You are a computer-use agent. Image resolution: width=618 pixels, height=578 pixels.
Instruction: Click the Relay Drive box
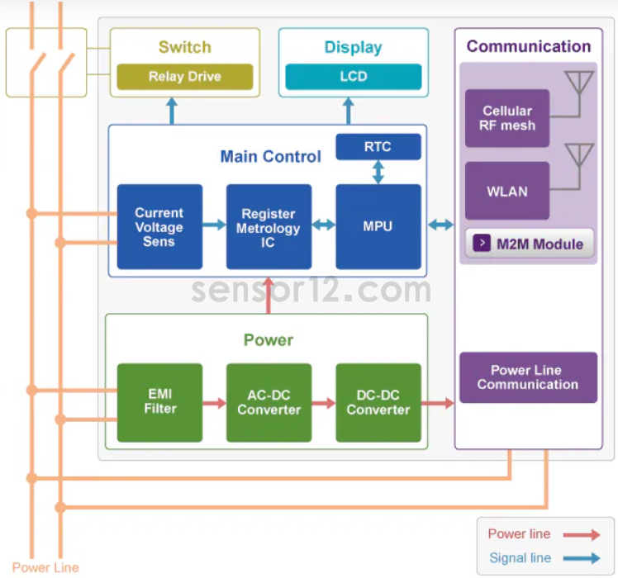pyautogui.click(x=184, y=77)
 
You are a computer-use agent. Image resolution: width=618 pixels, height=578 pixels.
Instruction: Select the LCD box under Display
pyautogui.click(x=353, y=77)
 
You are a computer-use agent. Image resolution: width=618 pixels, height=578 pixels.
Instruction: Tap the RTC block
pyautogui.click(x=378, y=147)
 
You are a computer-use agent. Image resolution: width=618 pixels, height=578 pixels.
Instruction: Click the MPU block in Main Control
pyautogui.click(x=378, y=226)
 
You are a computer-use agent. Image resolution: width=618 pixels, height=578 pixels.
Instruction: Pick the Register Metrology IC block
pyautogui.click(x=269, y=227)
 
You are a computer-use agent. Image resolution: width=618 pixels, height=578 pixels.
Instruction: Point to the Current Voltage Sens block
pyautogui.click(x=159, y=227)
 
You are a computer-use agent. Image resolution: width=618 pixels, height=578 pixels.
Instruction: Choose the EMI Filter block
pyautogui.click(x=159, y=402)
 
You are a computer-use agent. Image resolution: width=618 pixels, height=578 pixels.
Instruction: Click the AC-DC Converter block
pyautogui.click(x=269, y=402)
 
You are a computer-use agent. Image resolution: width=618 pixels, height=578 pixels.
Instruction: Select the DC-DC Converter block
pyautogui.click(x=378, y=402)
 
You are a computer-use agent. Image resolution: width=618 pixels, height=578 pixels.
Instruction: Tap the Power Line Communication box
pyautogui.click(x=528, y=377)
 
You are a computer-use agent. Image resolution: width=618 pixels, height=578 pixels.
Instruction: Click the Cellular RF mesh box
pyautogui.click(x=507, y=118)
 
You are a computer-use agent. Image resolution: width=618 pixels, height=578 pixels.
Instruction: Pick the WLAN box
pyautogui.click(x=507, y=191)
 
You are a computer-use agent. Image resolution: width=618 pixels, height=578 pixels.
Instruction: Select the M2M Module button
pyautogui.click(x=529, y=244)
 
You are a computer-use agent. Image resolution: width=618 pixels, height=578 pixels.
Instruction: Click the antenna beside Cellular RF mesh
pyautogui.click(x=578, y=86)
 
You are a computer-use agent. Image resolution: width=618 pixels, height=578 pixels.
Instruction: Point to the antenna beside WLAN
pyautogui.click(x=578, y=159)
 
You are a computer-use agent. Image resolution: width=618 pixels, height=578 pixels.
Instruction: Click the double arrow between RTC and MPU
pyautogui.click(x=378, y=172)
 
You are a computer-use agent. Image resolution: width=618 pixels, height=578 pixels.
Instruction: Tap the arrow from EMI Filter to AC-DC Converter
pyautogui.click(x=214, y=403)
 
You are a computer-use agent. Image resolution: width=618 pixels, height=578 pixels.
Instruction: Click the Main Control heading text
pyautogui.click(x=270, y=157)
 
